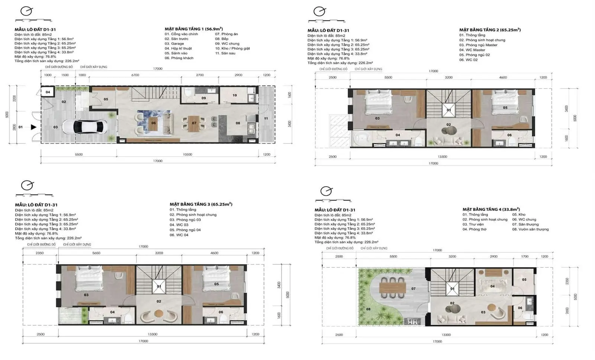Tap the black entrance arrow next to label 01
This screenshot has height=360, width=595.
[33, 127]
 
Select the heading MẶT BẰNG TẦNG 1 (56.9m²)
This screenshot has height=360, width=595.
[193, 29]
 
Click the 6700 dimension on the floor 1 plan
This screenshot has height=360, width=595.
[135, 75]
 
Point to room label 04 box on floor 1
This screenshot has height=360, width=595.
[48, 92]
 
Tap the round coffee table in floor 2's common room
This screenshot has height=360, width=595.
[448, 131]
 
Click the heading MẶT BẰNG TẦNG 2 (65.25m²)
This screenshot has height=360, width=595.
[489, 30]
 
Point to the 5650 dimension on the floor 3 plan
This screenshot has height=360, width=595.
[96, 253]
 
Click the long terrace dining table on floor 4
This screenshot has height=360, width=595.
[393, 288]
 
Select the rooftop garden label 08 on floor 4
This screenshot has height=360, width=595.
[368, 309]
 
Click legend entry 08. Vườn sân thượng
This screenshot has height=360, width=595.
[530, 229]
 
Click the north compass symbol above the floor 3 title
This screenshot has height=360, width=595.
[27, 185]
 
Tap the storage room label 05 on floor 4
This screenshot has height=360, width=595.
[524, 280]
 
